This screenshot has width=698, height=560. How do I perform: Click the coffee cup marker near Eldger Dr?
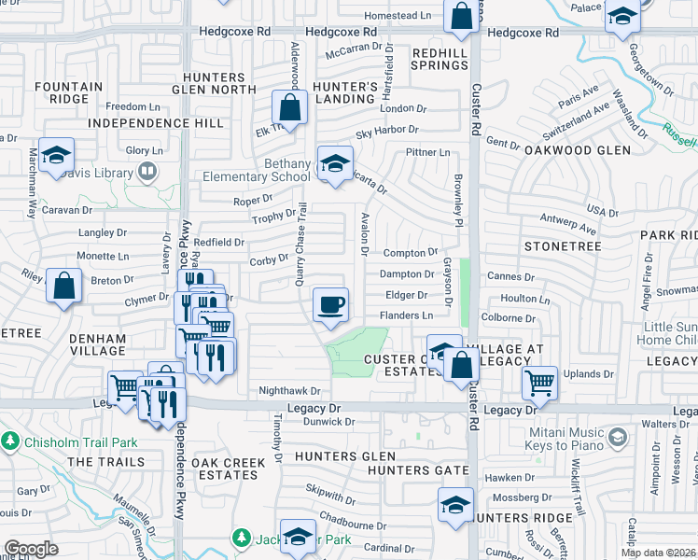pyautogui.click(x=330, y=304)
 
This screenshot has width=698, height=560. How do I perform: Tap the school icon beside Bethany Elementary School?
pyautogui.click(x=335, y=164)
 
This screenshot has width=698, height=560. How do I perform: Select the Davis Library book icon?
pyautogui.click(x=147, y=172)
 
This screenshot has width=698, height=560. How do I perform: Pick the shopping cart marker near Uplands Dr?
pyautogui.click(x=539, y=382)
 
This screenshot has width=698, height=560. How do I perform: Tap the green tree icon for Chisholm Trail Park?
pyautogui.click(x=10, y=440)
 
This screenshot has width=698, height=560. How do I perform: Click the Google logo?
pyautogui.click(x=31, y=548)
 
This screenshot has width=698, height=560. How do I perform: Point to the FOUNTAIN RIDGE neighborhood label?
pyautogui.click(x=68, y=93)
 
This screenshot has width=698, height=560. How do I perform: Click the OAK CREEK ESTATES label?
pyautogui.click(x=224, y=469)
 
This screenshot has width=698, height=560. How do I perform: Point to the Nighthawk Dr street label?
pyautogui.click(x=289, y=391)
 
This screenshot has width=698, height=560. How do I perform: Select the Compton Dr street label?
pyautogui.click(x=410, y=253)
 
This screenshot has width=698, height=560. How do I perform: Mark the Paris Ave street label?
pyautogui.click(x=579, y=97)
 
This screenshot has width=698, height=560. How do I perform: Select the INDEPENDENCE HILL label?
pyautogui.click(x=154, y=123)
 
